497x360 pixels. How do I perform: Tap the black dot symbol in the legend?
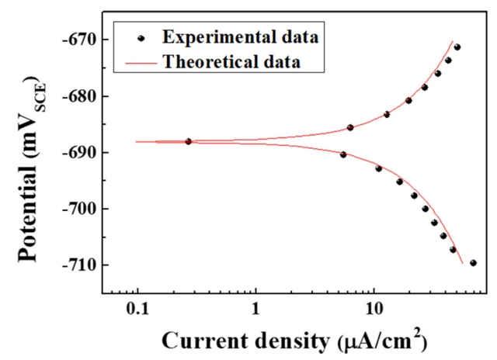[141, 36]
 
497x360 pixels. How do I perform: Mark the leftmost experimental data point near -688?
[189, 141]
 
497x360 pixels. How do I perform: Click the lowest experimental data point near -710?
[473, 263]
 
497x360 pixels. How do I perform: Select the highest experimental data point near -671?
[457, 47]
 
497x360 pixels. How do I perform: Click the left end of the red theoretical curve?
[137, 142]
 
